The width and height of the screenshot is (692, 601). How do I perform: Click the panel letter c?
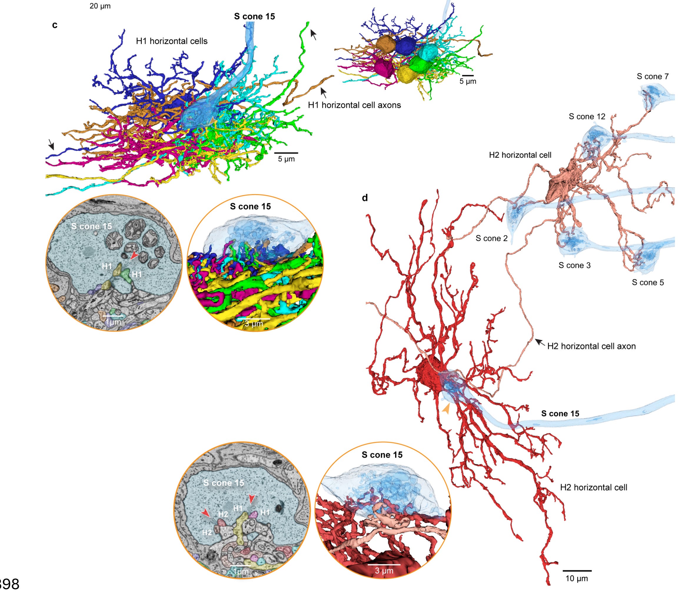pyautogui.click(x=55, y=25)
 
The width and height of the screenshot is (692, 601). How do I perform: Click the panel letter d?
pyautogui.click(x=365, y=198)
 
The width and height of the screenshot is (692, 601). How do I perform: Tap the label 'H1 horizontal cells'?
pyautogui.click(x=172, y=41)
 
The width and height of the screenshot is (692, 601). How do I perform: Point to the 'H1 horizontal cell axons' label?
pyautogui.click(x=354, y=105)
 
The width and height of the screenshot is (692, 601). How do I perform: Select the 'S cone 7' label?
pyautogui.click(x=652, y=77)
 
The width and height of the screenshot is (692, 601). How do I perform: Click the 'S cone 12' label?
pyautogui.click(x=587, y=117)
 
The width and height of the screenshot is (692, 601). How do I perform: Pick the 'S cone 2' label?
pyautogui.click(x=491, y=238)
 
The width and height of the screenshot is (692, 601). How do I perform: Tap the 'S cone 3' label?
pyautogui.click(x=574, y=266)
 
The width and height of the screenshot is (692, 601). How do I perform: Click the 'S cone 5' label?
pyautogui.click(x=648, y=283)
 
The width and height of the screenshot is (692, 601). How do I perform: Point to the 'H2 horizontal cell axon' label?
pyautogui.click(x=591, y=346)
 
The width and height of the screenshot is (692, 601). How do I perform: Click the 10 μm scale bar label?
pyautogui.click(x=576, y=579)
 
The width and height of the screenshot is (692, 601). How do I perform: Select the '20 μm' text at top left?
pyautogui.click(x=100, y=6)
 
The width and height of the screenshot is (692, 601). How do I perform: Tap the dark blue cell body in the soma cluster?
pyautogui.click(x=406, y=45)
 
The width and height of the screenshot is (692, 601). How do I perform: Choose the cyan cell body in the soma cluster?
pyautogui.click(x=427, y=52)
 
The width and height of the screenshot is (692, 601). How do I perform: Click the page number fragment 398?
pyautogui.click(x=9, y=584)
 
